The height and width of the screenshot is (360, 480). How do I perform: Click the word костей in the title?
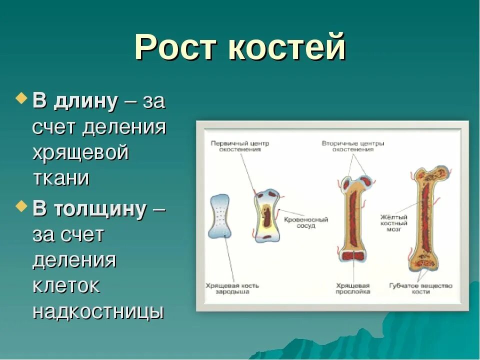(288, 49)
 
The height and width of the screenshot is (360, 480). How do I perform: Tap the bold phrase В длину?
(75, 102)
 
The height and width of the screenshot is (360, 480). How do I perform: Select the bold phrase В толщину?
(89, 209)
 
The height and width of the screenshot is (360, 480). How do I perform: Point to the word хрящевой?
(80, 153)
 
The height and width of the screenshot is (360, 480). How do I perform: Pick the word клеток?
(66, 286)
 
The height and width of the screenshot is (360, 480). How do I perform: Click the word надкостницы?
(98, 311)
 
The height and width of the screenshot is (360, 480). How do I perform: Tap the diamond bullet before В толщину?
(21, 205)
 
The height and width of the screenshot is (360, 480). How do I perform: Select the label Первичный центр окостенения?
(239, 146)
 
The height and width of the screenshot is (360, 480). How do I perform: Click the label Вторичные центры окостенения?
(353, 146)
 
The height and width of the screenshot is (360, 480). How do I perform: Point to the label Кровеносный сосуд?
(306, 222)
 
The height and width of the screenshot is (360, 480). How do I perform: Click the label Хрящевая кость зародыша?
(232, 288)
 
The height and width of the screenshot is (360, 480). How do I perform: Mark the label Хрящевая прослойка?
(353, 288)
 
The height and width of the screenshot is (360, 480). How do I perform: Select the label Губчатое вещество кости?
(420, 288)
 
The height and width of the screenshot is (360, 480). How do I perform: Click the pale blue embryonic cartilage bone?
(220, 216)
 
